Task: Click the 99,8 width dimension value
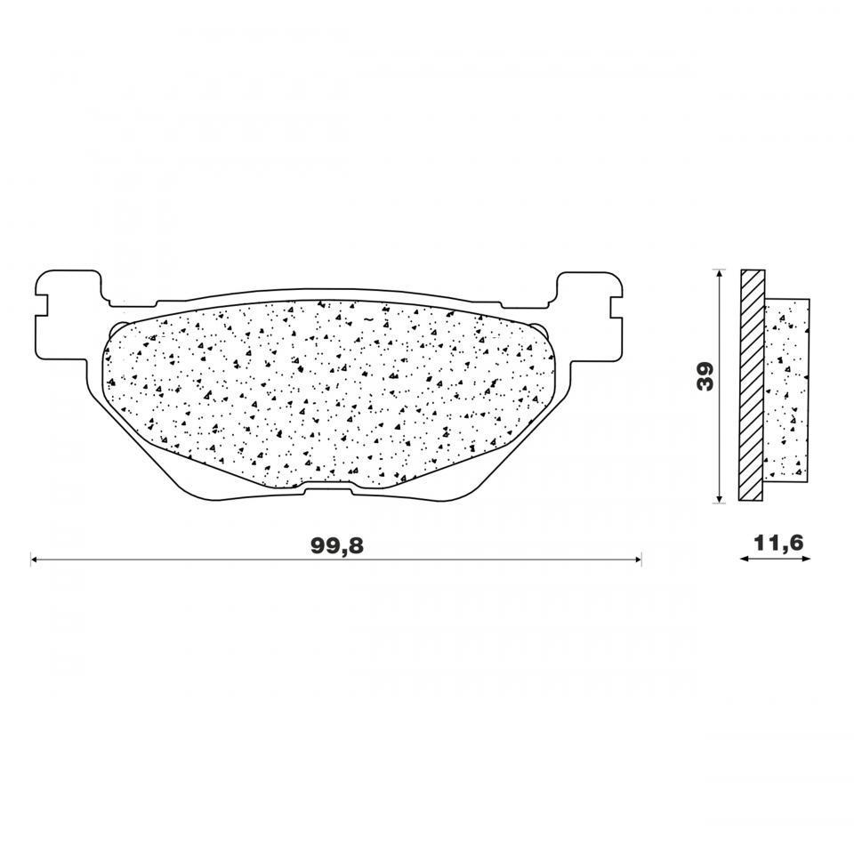point(337,546)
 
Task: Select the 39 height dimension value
point(705,376)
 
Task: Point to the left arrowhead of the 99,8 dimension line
point(35,560)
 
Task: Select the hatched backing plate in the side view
point(752,385)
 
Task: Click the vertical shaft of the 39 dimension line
point(719,418)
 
